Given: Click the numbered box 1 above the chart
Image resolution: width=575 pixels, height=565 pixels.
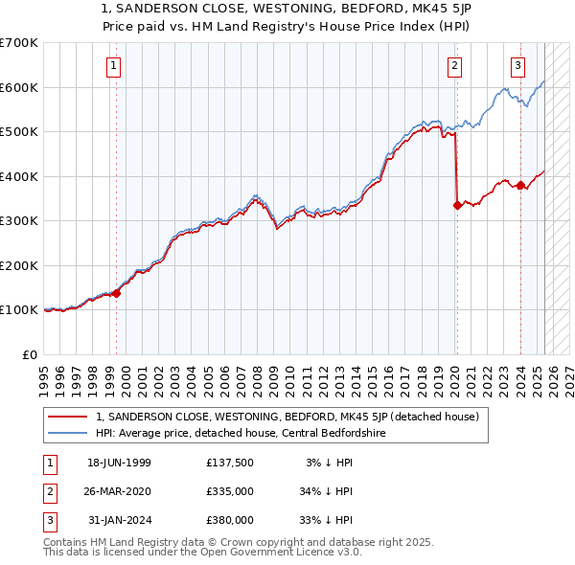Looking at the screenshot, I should pos(114,66).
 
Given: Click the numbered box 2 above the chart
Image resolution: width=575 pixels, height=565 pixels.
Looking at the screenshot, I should pos(453,66).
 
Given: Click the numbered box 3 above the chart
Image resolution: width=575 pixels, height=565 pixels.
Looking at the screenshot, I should pos(517,66).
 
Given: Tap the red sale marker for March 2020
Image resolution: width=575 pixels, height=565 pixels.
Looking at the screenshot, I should pos(457,204).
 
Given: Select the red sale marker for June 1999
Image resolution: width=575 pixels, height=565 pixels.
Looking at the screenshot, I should pos(117,293).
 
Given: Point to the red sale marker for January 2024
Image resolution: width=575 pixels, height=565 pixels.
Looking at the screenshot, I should pos(520,185).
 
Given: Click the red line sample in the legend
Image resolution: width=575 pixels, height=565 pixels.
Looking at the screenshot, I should pos(68,417).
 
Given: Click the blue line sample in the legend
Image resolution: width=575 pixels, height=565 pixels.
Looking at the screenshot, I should pos(68,432).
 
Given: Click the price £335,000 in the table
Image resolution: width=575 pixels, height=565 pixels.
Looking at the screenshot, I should pos(230,491).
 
